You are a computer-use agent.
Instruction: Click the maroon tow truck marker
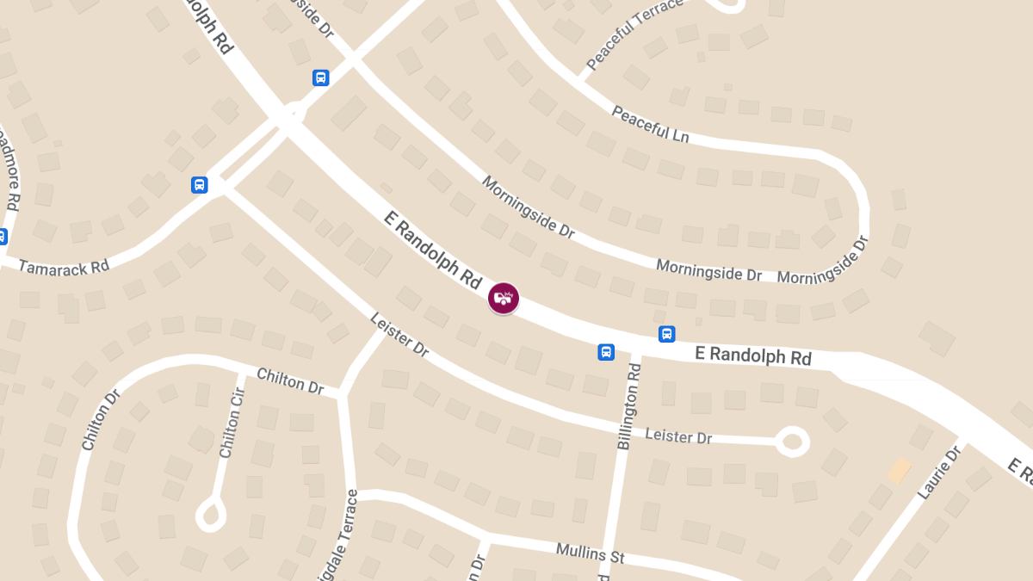coord(504,298)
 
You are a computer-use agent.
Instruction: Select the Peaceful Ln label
coord(652,123)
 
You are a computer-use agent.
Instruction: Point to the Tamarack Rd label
coord(64,267)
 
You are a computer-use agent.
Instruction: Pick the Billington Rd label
coord(630,406)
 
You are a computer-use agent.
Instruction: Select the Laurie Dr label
coord(939,473)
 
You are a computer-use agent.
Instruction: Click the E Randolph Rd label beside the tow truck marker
coord(433,249)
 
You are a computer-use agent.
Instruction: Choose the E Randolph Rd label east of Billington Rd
coord(753,355)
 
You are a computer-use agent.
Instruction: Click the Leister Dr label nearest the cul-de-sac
coord(678,436)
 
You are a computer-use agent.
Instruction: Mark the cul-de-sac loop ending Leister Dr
coord(791,442)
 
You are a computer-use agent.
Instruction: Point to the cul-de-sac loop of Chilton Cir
coord(211,516)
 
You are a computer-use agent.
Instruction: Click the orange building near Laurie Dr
coord(900,470)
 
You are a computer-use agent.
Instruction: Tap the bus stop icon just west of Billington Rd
coord(606,351)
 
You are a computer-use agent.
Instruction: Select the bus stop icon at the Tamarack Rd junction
coord(199,185)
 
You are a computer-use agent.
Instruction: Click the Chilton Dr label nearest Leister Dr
coord(290,381)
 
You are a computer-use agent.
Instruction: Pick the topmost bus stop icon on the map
coord(320,78)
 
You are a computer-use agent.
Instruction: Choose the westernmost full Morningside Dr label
coord(528,207)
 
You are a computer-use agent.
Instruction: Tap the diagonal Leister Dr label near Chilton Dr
coord(399,335)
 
